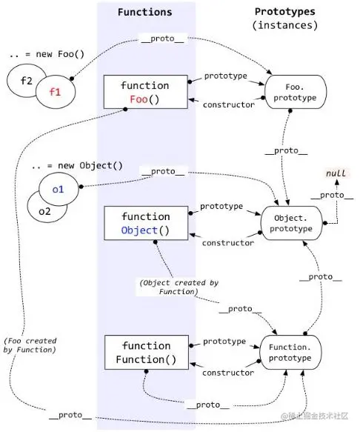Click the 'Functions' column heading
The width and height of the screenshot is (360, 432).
point(145,12)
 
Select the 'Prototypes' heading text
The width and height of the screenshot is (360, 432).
point(284,12)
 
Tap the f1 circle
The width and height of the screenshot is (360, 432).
point(56,92)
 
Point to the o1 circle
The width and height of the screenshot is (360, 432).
point(59,189)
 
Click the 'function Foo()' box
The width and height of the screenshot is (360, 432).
point(146,92)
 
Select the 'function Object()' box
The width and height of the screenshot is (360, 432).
point(146,223)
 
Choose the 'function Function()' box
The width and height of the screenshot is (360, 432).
point(147,353)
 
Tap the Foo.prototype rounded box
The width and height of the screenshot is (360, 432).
point(296,92)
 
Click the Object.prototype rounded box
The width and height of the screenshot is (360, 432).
point(291,223)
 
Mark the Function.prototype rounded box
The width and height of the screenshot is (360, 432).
point(290,353)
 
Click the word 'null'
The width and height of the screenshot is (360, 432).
point(336,173)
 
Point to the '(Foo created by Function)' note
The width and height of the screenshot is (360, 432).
point(30,345)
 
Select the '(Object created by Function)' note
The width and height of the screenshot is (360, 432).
point(179,287)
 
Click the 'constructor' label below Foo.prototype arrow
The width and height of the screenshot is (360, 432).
point(229,104)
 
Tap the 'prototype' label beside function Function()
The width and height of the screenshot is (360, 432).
point(224,342)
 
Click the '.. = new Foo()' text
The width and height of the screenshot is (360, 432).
point(47,54)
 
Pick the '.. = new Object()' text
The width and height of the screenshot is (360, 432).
point(77,165)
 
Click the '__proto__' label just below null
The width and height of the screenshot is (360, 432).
point(332,195)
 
